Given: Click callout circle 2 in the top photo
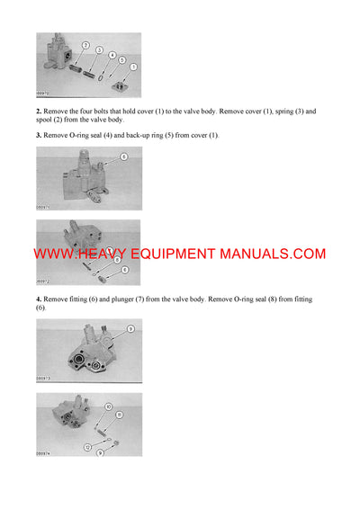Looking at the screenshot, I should pos(85,44).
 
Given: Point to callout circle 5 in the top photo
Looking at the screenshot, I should pos(122,59).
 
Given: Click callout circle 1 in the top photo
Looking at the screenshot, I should pos(133,67).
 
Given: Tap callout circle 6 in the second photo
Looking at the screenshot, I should pos(123,156).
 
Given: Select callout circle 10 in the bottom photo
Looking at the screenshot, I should pos(109,406).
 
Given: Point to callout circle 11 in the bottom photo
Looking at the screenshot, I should pos(119,415).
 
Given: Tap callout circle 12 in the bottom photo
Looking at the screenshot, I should pos(88,446).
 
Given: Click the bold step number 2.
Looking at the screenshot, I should pos(39,112).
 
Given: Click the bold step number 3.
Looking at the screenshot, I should pos(39,135).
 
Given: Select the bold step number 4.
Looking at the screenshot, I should pos(39,298).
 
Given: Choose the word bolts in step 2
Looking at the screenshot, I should pos(104,112).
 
